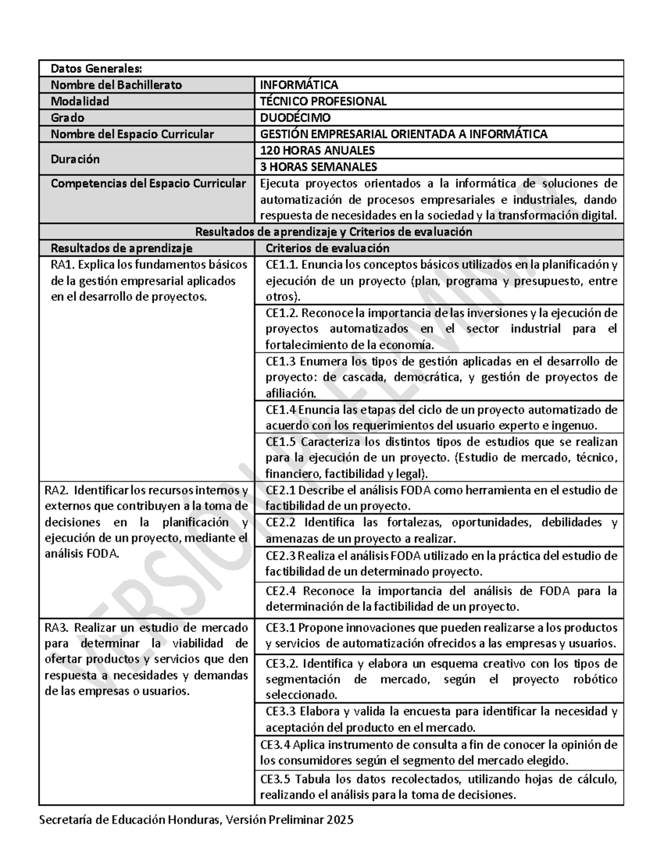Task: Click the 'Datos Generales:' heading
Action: (x=96, y=69)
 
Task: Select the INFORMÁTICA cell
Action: (x=299, y=85)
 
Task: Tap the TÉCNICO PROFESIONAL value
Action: (x=323, y=101)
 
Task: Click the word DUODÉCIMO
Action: (x=295, y=117)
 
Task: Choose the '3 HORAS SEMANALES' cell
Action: (x=318, y=166)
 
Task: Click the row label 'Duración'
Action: (x=75, y=159)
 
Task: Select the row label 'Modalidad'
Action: (x=80, y=101)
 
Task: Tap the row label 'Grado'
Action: (x=68, y=117)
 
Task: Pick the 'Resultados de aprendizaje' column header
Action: (x=121, y=248)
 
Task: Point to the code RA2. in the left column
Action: (x=55, y=490)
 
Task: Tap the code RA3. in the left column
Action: (x=55, y=627)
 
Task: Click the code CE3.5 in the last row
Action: (x=275, y=779)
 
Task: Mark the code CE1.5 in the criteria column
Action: (x=281, y=442)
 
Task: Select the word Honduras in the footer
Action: (x=193, y=820)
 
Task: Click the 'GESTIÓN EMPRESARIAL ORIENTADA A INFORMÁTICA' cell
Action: (x=403, y=134)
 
